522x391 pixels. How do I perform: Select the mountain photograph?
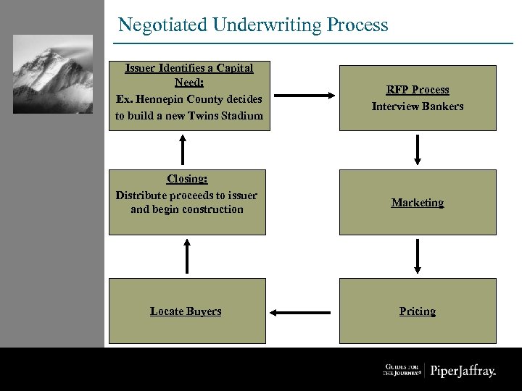coord(53,74)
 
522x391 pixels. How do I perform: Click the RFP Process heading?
coord(418,90)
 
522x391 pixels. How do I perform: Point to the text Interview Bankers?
coord(418,106)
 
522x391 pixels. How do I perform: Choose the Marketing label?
coord(418,203)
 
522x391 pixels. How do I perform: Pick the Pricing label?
coord(418,311)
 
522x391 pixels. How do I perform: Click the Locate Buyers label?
coord(186,311)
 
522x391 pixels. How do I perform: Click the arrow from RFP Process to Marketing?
coord(418,150)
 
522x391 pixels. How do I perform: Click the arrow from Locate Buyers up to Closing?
coord(187,256)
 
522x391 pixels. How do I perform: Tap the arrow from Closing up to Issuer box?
coord(183,150)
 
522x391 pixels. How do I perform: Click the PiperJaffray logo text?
coord(463,371)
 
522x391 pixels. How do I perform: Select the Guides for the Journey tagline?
coord(402,371)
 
